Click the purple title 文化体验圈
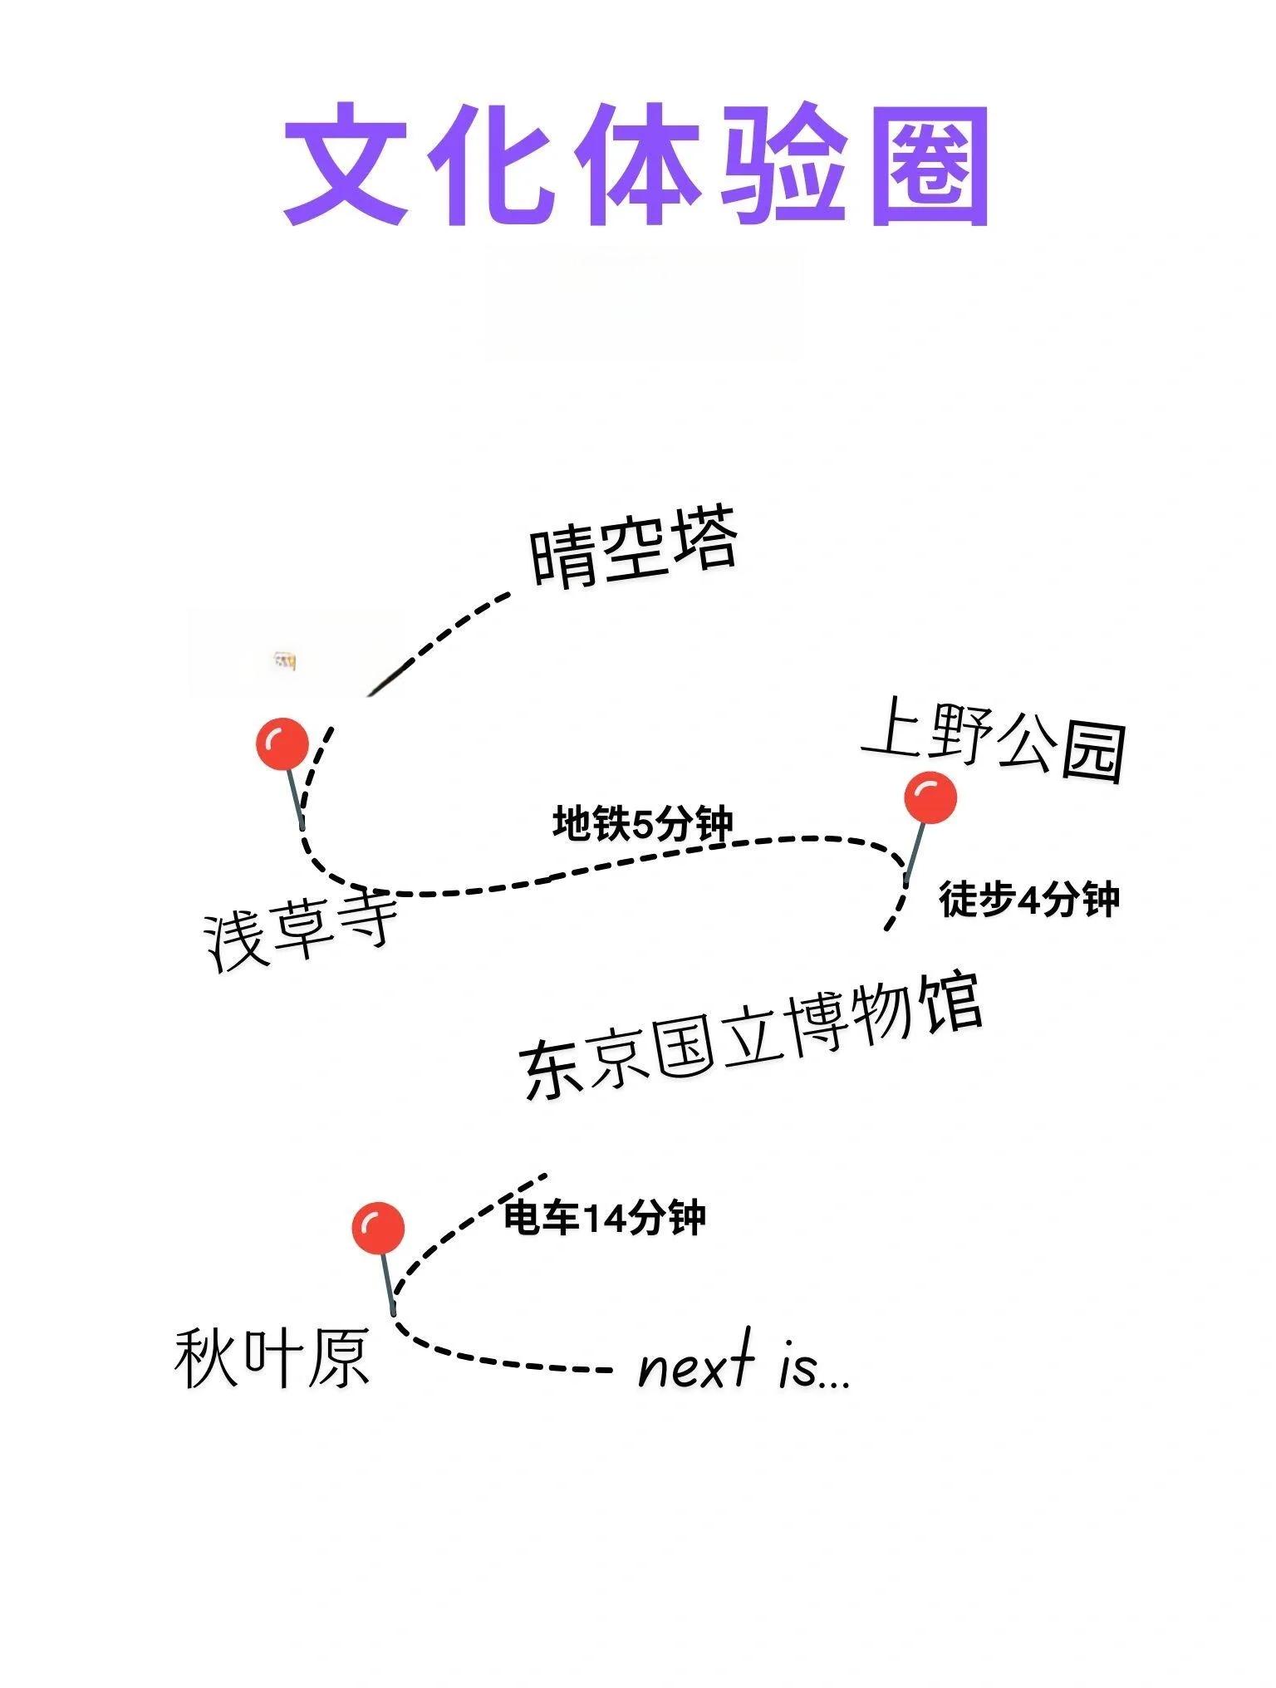coord(636,164)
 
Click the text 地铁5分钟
coord(643,823)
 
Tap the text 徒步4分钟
coord(1029,899)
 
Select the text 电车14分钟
coord(605,1219)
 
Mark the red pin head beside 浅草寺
coord(282,744)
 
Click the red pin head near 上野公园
coord(930,797)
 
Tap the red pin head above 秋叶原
coord(378,1228)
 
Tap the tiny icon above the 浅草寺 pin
coord(285,661)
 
